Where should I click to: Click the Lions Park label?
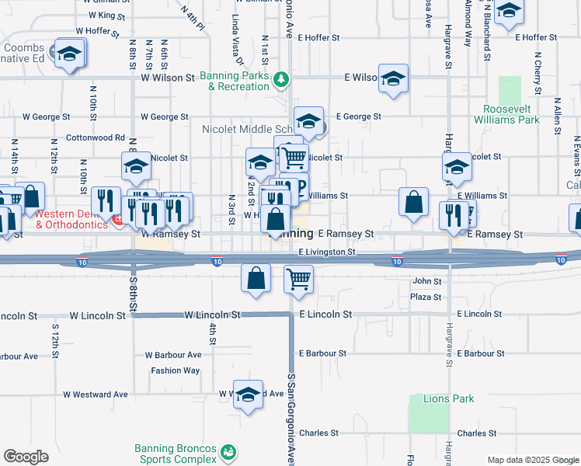click(x=448, y=398)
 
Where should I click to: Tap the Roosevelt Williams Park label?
click(x=511, y=114)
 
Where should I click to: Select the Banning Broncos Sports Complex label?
click(x=175, y=454)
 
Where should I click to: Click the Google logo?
click(x=26, y=457)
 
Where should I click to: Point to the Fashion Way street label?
click(x=176, y=370)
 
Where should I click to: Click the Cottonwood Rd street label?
click(x=96, y=137)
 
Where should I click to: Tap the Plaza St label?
click(x=426, y=297)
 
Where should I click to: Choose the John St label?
click(x=427, y=281)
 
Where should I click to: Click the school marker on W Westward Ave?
click(x=249, y=395)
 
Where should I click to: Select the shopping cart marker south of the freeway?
click(x=298, y=279)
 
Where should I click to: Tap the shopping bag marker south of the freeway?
click(x=256, y=278)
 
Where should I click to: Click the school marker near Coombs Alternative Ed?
click(x=70, y=54)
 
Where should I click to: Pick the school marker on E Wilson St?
click(x=394, y=78)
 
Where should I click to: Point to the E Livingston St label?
click(x=327, y=252)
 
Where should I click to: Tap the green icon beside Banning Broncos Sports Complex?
click(x=228, y=451)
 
